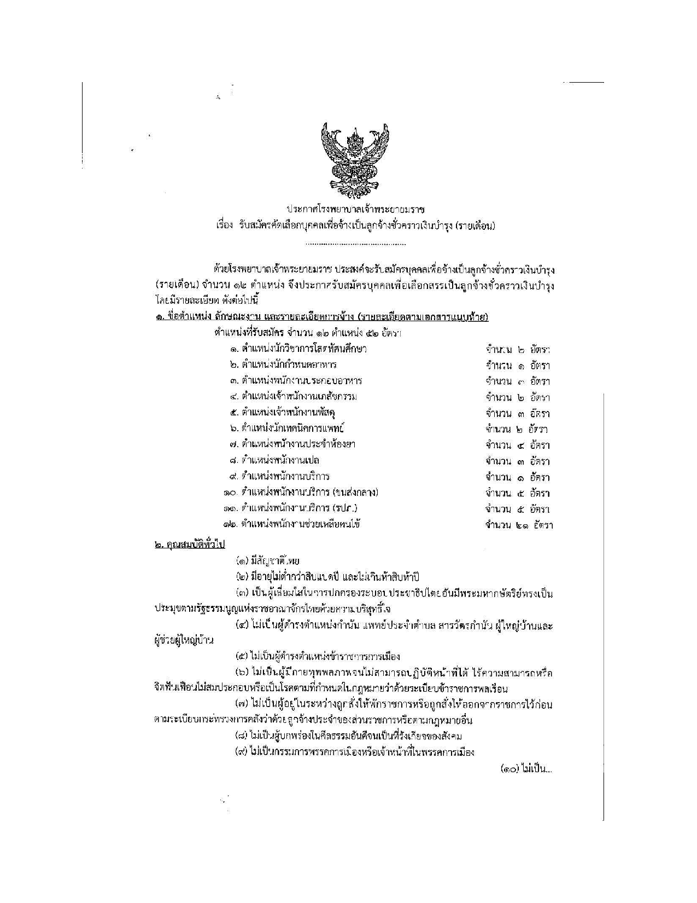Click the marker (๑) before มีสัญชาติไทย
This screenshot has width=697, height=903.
[x=242, y=561]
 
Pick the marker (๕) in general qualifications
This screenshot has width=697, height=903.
[x=242, y=656]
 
